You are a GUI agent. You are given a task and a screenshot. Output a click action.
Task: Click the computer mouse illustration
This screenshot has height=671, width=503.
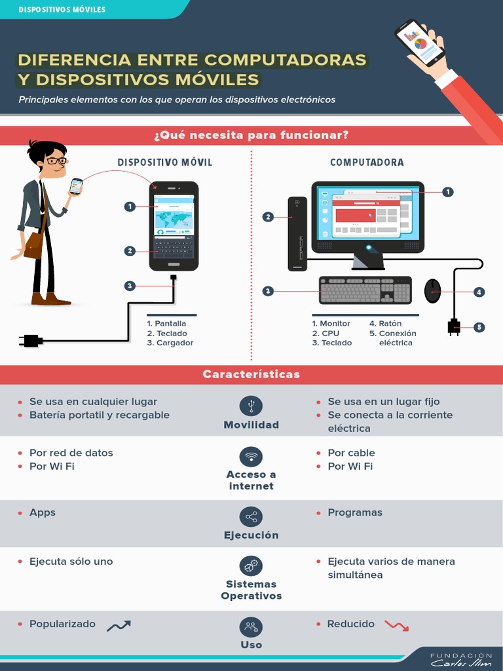click(x=432, y=291)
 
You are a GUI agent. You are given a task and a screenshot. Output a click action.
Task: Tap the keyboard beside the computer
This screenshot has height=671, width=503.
click(x=365, y=290)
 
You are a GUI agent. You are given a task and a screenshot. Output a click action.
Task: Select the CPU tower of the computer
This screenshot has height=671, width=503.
click(x=297, y=233)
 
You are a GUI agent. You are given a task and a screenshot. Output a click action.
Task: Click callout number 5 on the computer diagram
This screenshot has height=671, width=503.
click(x=479, y=327)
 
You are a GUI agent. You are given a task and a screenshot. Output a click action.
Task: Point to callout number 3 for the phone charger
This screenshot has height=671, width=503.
click(x=130, y=286)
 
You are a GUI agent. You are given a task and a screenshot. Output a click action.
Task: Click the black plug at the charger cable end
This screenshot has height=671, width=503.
click(x=31, y=340)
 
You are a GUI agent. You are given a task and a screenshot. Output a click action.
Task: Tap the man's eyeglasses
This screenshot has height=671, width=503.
click(x=56, y=160)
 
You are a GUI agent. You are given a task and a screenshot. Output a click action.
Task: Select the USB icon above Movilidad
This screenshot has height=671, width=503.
click(x=251, y=406)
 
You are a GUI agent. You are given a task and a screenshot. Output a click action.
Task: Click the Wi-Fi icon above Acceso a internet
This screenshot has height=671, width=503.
click(x=251, y=456)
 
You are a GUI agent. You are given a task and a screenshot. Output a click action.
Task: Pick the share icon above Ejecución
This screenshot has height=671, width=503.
click(x=251, y=517)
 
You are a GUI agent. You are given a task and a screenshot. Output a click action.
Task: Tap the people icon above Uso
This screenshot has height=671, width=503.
click(x=251, y=627)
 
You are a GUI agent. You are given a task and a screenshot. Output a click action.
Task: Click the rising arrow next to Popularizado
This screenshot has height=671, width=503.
click(x=119, y=626)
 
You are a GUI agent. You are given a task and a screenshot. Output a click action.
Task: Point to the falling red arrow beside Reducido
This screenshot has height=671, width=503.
click(x=396, y=625)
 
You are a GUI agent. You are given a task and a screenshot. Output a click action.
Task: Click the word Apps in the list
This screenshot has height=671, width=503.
click(x=43, y=512)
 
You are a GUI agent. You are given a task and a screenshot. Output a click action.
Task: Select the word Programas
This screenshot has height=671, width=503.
click(x=355, y=512)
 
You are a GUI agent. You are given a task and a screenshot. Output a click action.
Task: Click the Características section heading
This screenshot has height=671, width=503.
click(x=251, y=375)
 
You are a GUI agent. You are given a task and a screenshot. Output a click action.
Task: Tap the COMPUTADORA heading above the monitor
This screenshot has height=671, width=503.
click(x=367, y=163)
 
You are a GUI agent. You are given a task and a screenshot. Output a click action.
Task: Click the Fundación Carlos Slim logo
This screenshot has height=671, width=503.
click(x=460, y=659)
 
